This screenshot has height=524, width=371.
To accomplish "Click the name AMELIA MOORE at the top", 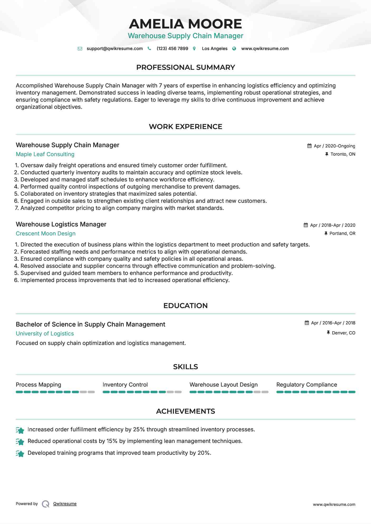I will click(x=185, y=24).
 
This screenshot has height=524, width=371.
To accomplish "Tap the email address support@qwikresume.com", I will click(x=114, y=48).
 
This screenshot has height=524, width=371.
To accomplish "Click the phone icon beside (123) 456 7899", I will click(x=149, y=48).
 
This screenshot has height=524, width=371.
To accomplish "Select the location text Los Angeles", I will click(x=214, y=48).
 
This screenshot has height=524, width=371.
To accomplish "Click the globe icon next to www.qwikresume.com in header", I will click(x=234, y=48).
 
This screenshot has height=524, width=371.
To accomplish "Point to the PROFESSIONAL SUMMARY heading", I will click(x=185, y=67).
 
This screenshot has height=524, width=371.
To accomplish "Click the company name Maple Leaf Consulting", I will click(x=45, y=154).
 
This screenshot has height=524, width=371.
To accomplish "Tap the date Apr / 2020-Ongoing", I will click(x=334, y=146).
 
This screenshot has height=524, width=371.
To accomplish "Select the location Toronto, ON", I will click(x=343, y=154).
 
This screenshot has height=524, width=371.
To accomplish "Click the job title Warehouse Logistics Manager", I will click(x=61, y=224).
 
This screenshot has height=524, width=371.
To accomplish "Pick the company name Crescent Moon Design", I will click(x=46, y=234).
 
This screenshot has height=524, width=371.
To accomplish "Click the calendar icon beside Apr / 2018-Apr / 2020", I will click(x=306, y=225).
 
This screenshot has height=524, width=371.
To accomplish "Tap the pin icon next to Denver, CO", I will click(x=328, y=333).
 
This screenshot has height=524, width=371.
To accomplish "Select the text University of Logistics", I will click(x=45, y=334).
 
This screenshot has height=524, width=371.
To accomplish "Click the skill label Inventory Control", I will click(x=125, y=385).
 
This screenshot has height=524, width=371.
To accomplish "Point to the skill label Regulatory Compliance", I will click(x=307, y=385).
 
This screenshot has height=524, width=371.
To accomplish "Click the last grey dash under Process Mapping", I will click(x=91, y=392).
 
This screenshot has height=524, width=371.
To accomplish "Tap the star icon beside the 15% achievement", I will click(x=20, y=442).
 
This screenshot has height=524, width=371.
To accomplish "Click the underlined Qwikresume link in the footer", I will click(x=65, y=504).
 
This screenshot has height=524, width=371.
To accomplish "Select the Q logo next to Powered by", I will click(x=46, y=504).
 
